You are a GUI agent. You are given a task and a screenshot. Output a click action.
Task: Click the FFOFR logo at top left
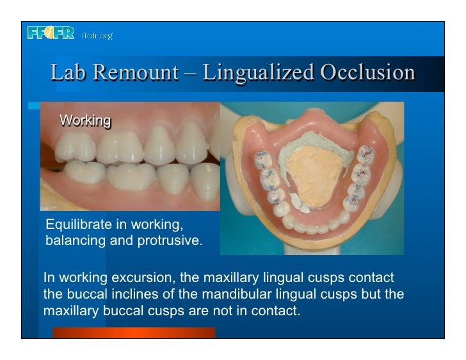click(51, 33)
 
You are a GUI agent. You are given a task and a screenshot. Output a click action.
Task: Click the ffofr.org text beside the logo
click(97, 36)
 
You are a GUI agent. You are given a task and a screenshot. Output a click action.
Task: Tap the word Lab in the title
click(67, 73)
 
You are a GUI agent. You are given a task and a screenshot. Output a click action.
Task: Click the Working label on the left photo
click(85, 121)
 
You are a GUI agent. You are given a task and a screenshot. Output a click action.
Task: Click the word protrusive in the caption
click(169, 240)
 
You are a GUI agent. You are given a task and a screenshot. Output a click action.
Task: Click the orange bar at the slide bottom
click(134, 332)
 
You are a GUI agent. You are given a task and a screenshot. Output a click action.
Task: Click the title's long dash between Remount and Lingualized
click(190, 73)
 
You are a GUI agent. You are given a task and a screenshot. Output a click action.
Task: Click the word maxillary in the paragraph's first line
click(230, 278)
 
